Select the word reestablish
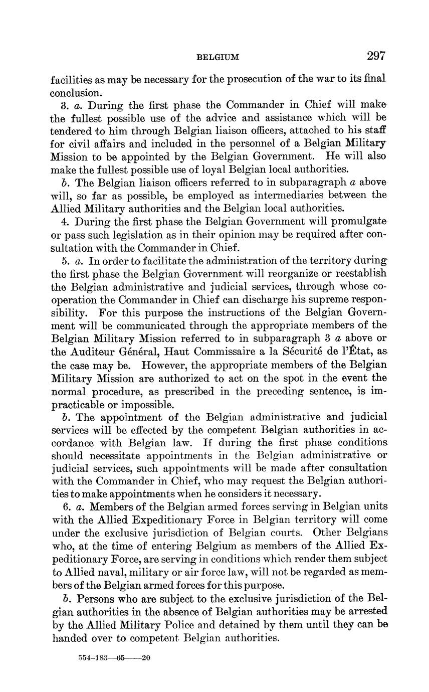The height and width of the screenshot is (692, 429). [356, 273]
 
